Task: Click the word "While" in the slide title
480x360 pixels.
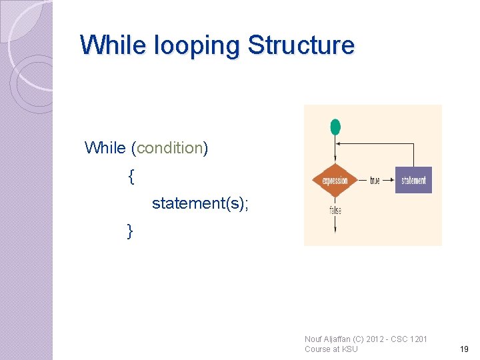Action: tap(114, 45)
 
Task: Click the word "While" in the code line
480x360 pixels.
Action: tap(105, 148)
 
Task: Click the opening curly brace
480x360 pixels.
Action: tap(131, 177)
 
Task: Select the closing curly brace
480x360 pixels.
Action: tap(131, 231)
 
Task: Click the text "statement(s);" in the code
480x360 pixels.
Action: tap(200, 203)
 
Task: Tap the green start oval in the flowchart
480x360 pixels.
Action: tap(335, 127)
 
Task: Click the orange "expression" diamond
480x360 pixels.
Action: tap(335, 180)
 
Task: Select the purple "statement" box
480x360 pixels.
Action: tap(413, 180)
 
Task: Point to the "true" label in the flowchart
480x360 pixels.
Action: tap(375, 181)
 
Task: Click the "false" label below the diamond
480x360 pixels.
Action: tap(335, 210)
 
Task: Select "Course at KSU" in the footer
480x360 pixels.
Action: tap(331, 349)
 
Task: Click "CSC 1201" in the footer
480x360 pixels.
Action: tap(409, 339)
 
